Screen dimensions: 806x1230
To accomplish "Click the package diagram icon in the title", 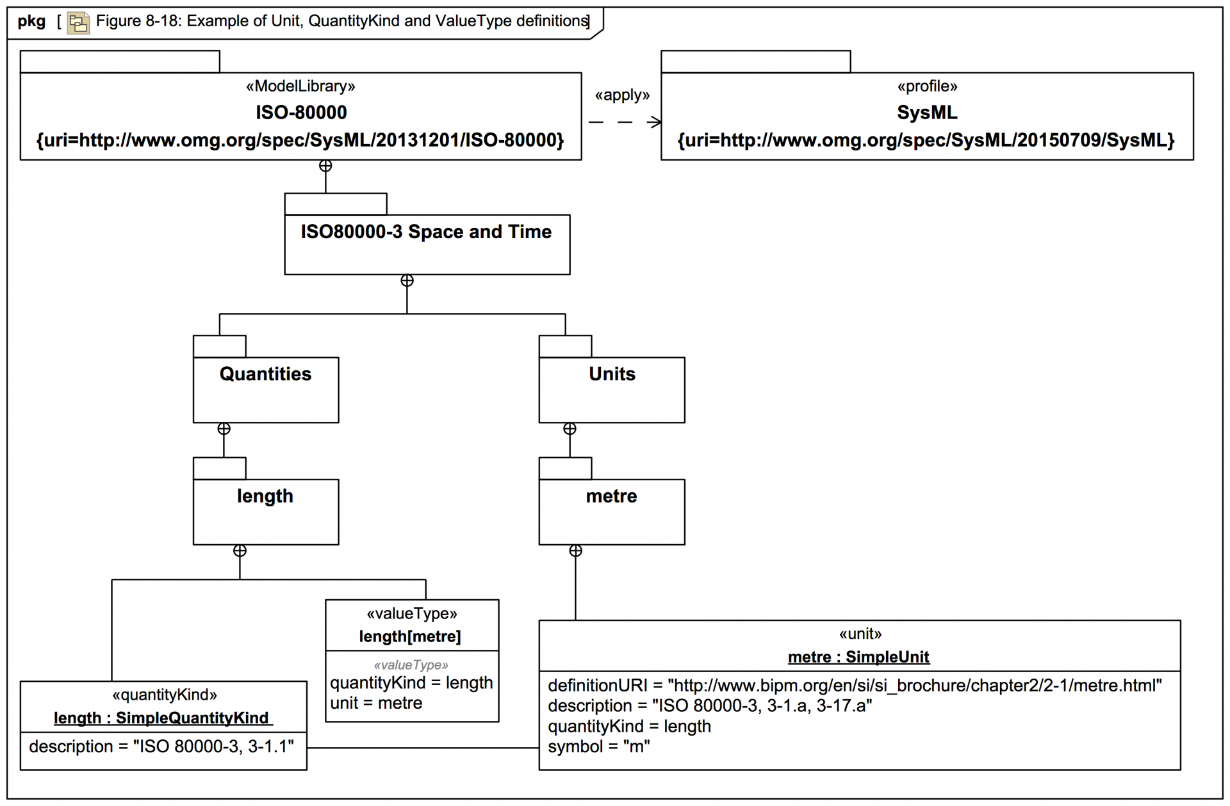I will (x=78, y=23).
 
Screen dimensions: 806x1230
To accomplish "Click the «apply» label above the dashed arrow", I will (x=622, y=95).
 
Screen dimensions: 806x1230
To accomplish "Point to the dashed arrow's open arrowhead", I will (x=655, y=122).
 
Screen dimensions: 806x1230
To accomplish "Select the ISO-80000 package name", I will (x=301, y=113).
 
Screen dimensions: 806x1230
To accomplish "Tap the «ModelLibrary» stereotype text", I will (x=300, y=86).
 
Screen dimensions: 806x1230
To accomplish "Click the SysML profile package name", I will (x=926, y=113).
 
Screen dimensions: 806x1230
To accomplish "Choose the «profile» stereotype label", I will (x=927, y=86).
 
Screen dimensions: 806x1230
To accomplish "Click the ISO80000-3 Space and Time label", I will (x=426, y=232).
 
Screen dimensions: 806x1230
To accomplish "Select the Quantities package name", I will (x=265, y=374).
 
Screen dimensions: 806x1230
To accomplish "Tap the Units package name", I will (x=612, y=374).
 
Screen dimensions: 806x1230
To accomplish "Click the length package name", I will (x=265, y=496).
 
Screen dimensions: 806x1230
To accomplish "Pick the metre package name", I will (x=611, y=496).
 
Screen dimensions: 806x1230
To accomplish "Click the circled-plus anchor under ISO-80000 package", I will (x=325, y=166).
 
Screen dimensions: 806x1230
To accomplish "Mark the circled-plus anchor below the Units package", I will (x=570, y=429).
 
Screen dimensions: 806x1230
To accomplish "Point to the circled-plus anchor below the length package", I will (x=240, y=551).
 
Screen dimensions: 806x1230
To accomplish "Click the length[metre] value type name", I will (x=410, y=636).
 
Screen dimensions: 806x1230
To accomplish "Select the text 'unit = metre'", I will (x=376, y=703).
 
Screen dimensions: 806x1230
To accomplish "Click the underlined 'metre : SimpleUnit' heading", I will (x=858, y=657).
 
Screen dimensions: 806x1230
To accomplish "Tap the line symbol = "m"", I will (x=598, y=746).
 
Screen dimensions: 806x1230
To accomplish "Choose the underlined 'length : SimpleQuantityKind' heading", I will (x=161, y=718).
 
